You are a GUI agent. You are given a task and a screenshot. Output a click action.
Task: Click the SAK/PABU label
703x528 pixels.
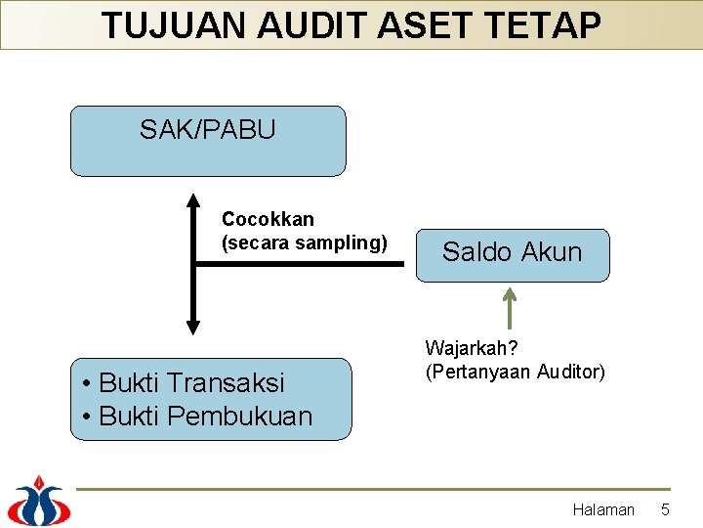(207, 129)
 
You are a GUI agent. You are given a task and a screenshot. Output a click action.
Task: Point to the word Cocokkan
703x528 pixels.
(268, 219)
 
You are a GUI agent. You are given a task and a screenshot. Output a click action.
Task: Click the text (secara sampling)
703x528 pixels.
(304, 242)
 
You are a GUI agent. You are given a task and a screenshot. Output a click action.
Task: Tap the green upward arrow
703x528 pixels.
(510, 305)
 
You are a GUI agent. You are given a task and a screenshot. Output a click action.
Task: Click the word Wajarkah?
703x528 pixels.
(473, 347)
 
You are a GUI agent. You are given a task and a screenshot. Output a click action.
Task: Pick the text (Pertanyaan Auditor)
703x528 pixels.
(515, 372)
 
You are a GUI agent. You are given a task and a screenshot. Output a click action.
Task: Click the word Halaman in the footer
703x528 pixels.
(602, 509)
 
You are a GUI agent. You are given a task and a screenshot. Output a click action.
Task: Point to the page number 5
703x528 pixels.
(665, 509)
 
